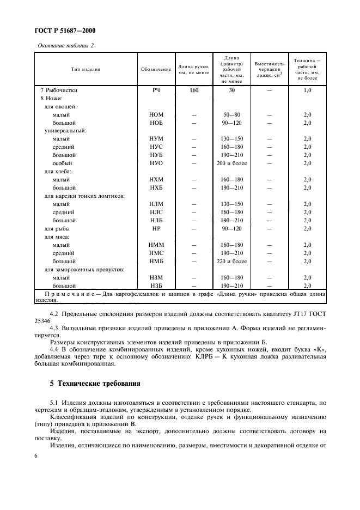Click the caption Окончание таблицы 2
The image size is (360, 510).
coord(65,45)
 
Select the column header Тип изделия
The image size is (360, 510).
coord(85,69)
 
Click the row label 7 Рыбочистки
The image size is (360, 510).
coord(60,90)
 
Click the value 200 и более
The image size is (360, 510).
coord(231,163)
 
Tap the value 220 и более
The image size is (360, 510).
coord(231,262)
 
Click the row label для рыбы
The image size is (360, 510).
coord(56,229)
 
